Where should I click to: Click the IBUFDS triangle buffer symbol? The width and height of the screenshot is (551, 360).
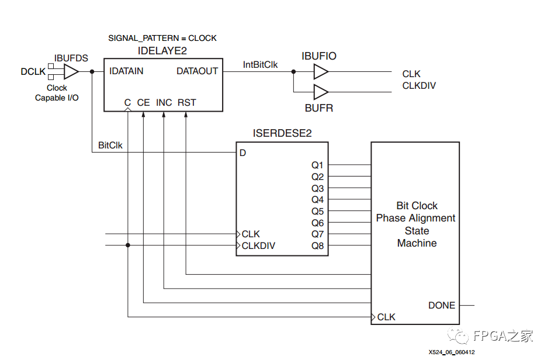[71, 72]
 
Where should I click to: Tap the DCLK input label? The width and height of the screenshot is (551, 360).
[33, 72]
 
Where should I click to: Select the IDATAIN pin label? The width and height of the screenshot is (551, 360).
[126, 71]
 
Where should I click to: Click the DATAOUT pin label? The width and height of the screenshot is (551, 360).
[197, 71]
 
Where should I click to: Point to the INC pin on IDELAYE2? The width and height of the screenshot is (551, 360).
[164, 103]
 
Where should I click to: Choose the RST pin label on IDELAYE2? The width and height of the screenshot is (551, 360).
[187, 103]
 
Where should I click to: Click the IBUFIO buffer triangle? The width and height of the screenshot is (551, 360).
[321, 72]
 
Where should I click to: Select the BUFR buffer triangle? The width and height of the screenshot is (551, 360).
[321, 92]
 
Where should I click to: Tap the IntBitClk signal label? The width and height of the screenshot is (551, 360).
[261, 65]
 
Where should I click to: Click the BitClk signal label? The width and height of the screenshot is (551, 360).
[110, 145]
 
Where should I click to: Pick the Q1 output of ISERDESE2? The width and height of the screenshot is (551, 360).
[317, 165]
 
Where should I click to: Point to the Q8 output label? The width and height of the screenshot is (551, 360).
[317, 245]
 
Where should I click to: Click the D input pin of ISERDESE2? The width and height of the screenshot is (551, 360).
[242, 153]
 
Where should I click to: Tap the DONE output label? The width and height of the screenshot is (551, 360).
[442, 305]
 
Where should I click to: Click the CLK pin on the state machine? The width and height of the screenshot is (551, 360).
[386, 317]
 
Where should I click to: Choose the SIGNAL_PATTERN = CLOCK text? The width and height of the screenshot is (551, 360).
[162, 38]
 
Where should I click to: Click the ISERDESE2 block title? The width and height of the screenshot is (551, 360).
[282, 134]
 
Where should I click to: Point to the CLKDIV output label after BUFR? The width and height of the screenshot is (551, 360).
[419, 85]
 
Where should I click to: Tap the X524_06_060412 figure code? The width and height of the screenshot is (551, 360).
[451, 352]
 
